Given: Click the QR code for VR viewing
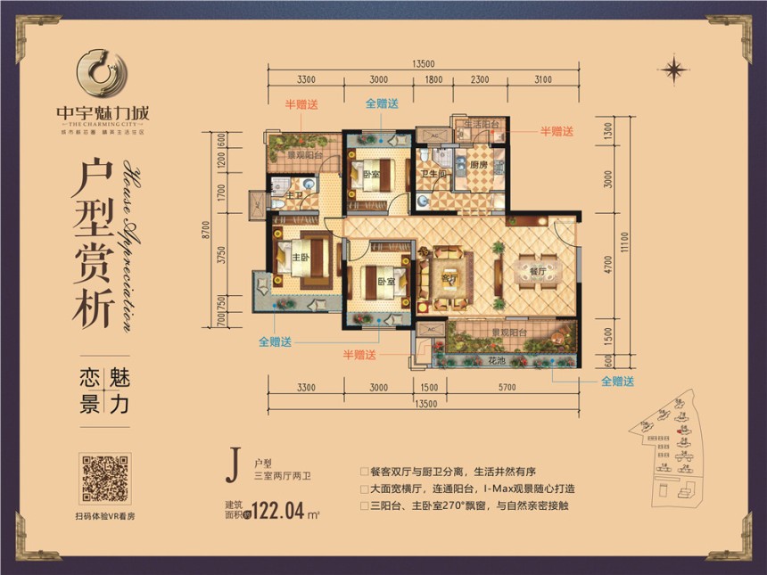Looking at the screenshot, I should click(105, 480).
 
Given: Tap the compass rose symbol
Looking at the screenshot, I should click(675, 68).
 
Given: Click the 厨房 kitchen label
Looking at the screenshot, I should click(479, 165).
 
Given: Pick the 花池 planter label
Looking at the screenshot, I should click(498, 362).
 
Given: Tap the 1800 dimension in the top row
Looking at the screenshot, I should click(433, 80).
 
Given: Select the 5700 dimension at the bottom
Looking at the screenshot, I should click(507, 388).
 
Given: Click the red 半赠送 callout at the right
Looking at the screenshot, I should click(557, 131).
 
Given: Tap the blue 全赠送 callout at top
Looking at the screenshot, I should click(382, 103).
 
